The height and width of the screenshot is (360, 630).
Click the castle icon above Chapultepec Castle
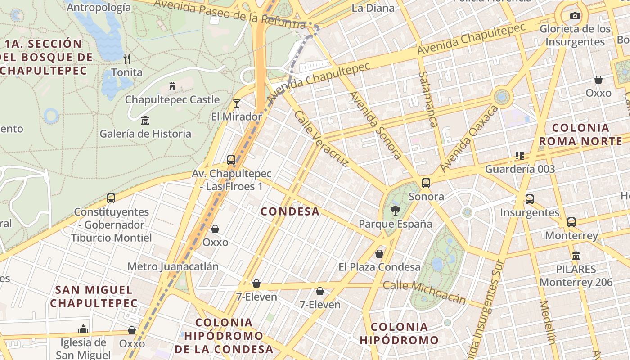click(x=172, y=86)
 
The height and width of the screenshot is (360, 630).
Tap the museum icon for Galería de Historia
click(x=145, y=121)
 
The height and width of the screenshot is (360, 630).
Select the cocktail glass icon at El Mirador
click(x=237, y=103)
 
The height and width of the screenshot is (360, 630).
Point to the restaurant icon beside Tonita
click(x=127, y=58)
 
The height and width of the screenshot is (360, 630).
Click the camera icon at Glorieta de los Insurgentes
click(x=575, y=16)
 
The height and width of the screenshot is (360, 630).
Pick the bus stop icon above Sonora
click(x=426, y=183)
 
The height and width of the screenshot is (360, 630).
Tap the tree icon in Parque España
click(x=396, y=210)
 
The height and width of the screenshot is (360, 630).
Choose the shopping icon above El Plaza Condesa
click(x=379, y=254)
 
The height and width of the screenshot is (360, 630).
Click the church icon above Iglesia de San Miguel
click(x=83, y=329)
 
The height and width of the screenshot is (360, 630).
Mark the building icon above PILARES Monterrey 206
click(x=576, y=256)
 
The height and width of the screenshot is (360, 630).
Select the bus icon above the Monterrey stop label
click(x=571, y=222)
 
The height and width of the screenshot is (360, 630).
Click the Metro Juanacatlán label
click(x=173, y=266)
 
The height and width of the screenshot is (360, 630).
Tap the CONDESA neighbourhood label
click(x=290, y=211)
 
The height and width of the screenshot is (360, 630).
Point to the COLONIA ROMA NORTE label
click(x=580, y=135)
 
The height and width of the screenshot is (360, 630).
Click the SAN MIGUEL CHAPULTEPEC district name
click(x=94, y=296)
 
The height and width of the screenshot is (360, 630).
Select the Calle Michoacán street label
click(x=424, y=292)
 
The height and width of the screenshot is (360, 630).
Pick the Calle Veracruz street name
click(x=321, y=139)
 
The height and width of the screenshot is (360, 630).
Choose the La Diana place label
click(x=373, y=8)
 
